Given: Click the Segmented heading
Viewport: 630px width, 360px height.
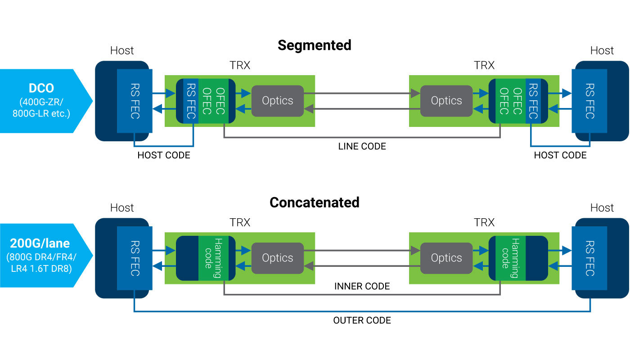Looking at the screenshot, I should (x=314, y=45).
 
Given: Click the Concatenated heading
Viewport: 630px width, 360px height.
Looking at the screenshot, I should (x=314, y=202).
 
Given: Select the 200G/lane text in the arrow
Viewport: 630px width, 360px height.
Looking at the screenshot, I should (x=40, y=243).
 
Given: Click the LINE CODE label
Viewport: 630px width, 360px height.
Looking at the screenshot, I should (x=362, y=146).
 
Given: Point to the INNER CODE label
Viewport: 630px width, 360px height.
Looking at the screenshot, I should (x=362, y=286).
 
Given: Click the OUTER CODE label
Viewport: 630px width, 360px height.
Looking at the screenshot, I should (x=362, y=320).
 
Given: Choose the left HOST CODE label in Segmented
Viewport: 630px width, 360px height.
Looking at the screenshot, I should (x=164, y=155).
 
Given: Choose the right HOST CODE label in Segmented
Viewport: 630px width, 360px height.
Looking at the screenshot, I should (x=560, y=155).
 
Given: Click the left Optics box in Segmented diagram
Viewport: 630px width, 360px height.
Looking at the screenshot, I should (x=278, y=101).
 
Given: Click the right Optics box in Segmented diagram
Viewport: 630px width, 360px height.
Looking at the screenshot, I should (x=446, y=101).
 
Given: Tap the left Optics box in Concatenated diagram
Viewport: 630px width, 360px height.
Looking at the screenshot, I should (x=278, y=258).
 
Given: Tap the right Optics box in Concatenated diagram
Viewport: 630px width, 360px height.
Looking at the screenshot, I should (x=446, y=258).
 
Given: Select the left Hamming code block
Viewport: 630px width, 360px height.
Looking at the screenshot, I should (x=213, y=258).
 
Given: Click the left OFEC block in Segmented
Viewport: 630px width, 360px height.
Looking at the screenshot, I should (x=213, y=101).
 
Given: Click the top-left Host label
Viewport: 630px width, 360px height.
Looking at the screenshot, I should (x=122, y=50).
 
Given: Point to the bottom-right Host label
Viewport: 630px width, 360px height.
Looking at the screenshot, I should (x=602, y=207).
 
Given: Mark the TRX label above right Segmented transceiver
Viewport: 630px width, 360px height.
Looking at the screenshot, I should (x=484, y=65).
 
